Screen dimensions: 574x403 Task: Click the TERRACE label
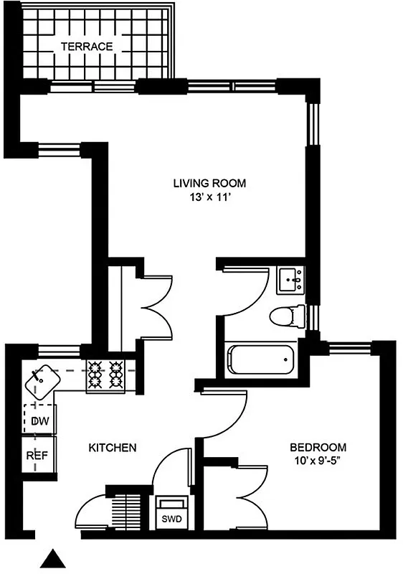coord(87,47)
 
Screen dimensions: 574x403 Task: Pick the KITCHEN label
coord(112,448)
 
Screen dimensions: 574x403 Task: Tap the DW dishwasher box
coord(39,421)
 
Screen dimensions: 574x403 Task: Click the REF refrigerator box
coord(37,456)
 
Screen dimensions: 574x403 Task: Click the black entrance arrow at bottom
coord(52,560)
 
